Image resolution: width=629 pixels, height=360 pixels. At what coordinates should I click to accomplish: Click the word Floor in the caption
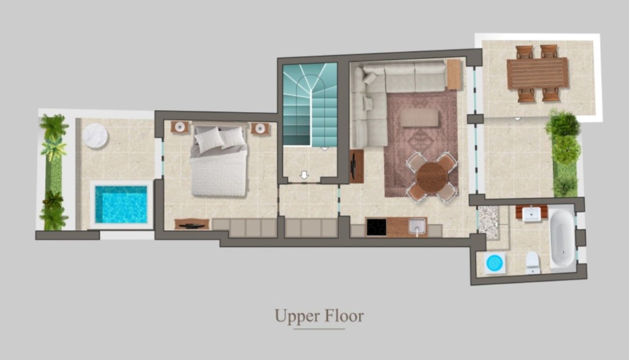[x=344, y=316]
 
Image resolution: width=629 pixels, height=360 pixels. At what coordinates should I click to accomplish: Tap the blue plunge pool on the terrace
[x=121, y=204]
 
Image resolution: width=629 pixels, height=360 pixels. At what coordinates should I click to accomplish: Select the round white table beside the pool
[x=95, y=136]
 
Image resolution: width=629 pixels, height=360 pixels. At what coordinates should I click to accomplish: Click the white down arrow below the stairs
[x=304, y=175]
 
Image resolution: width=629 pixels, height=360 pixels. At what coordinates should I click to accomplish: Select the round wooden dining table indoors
[x=432, y=177]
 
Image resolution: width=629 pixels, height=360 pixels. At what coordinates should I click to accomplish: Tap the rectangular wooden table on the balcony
[x=538, y=73]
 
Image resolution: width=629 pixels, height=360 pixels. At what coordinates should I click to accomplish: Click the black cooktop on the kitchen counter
[x=376, y=227]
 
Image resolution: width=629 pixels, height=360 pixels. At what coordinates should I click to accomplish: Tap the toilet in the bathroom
[x=533, y=263]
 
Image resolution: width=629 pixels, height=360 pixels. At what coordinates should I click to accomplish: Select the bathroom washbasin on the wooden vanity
[x=531, y=214]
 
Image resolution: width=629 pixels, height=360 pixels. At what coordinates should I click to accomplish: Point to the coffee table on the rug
[x=420, y=118]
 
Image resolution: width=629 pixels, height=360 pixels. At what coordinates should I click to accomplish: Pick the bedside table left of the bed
[x=180, y=127]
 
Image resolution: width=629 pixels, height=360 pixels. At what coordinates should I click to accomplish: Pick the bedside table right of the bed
[x=260, y=128]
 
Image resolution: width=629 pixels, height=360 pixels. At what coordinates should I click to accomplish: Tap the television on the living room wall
[x=353, y=166]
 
